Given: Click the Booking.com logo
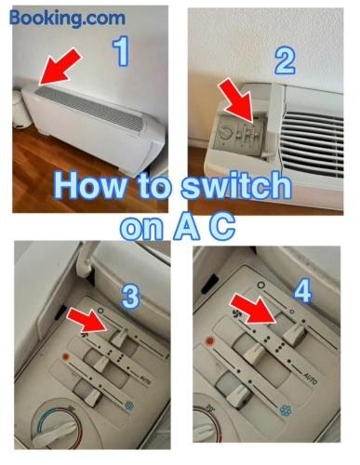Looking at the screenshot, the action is click(67, 19).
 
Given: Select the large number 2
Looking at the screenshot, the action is click(285, 60).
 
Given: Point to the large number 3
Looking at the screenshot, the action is click(130, 298).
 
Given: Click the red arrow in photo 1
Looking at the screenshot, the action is click(60, 67).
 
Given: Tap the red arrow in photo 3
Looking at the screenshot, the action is click(87, 320).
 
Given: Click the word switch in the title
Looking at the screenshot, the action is click(236, 187).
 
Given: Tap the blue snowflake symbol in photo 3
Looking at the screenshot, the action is click(128, 405).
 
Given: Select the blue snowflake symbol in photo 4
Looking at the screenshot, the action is click(285, 410).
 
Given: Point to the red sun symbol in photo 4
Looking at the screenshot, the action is click(210, 341).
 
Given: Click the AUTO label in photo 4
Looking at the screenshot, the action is click(310, 379).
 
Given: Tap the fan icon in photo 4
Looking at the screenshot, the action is click(236, 312).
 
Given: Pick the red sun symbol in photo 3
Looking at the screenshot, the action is click(65, 357).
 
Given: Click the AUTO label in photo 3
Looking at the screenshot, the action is click(145, 379).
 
